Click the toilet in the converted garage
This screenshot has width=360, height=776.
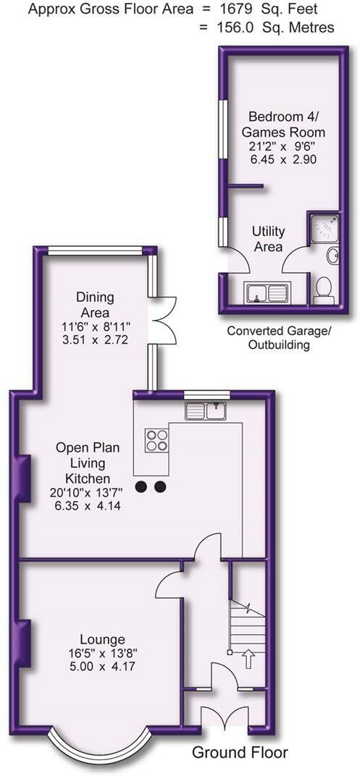323,290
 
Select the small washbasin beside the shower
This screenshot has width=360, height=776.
333,256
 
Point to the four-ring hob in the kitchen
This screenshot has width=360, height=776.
156,440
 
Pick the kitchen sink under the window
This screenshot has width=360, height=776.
206,410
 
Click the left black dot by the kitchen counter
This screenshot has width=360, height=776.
142,487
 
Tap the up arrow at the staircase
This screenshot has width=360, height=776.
248,659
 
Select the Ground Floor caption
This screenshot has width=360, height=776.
240,754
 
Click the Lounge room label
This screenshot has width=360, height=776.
104,639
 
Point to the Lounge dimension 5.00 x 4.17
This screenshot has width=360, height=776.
103,667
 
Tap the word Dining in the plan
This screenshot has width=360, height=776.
95,298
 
